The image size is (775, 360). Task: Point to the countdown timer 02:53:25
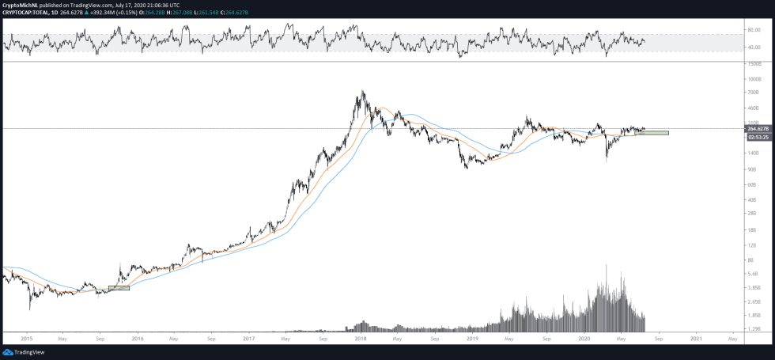point(758,136)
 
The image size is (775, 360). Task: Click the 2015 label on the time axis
point(27,339)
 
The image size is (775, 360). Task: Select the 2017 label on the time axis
point(249,339)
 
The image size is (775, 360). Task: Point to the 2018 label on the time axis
point(361,339)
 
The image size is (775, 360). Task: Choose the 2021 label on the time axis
point(696,339)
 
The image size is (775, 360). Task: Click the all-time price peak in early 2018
point(362,92)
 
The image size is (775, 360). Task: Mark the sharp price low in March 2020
point(606,161)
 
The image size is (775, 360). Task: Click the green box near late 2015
point(119,288)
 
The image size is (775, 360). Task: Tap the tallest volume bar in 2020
point(606,266)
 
